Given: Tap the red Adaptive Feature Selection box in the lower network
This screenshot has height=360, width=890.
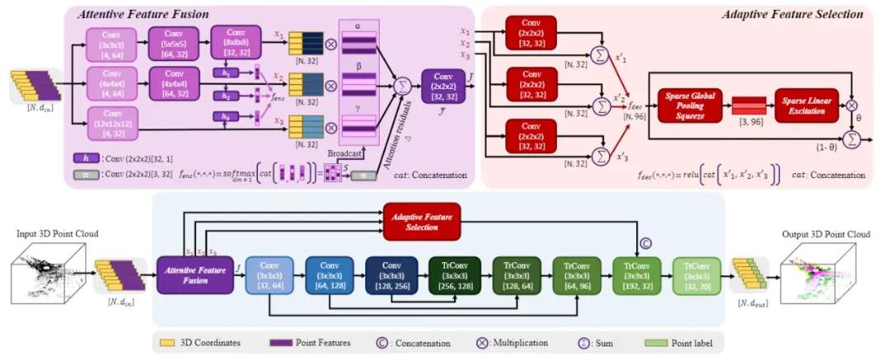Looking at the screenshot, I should [x=420, y=221].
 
